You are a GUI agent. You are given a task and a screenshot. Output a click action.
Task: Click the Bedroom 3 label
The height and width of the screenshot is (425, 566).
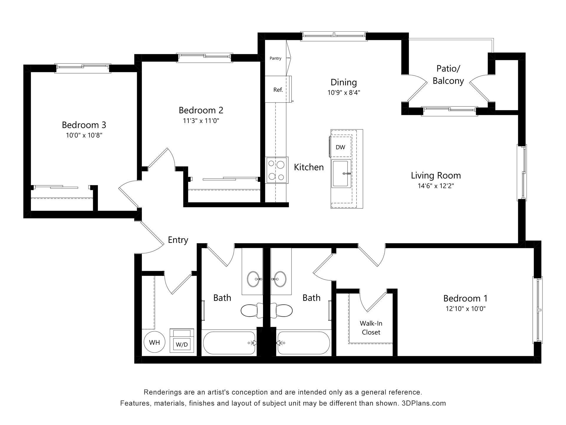[x=84, y=125]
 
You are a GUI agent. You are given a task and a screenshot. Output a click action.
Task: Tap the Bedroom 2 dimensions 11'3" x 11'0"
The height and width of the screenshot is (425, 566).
[x=201, y=121]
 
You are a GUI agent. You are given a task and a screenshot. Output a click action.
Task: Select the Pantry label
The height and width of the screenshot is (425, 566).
[x=275, y=58]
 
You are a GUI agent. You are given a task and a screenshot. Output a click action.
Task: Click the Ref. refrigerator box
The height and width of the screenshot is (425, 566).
[x=278, y=89]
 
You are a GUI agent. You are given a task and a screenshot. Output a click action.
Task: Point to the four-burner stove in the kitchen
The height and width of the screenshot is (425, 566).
[x=276, y=170]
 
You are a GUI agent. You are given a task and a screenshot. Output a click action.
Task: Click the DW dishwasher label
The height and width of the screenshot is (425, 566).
[x=340, y=147]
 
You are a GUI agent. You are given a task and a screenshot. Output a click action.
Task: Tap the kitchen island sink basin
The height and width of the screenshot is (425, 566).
[x=341, y=174]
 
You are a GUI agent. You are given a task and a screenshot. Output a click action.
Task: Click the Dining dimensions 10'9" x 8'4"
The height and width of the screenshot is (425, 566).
[x=344, y=93]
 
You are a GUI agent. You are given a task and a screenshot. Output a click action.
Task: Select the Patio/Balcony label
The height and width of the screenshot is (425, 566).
[x=448, y=75]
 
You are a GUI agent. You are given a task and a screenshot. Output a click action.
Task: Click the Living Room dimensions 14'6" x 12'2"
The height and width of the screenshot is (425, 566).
[x=436, y=186]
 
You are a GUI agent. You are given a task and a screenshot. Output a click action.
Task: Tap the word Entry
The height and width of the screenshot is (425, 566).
[x=178, y=240]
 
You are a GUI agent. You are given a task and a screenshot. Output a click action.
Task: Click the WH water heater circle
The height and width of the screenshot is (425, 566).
[x=154, y=342]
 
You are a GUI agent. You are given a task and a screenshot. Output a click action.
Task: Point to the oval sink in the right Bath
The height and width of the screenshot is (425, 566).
[x=279, y=279]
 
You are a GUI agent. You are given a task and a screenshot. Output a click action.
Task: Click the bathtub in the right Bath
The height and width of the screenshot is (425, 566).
[x=304, y=343]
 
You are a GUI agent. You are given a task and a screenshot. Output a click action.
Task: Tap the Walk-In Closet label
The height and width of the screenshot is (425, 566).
[x=371, y=328]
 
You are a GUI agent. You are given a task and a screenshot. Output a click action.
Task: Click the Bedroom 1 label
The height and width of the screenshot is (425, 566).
[x=465, y=298]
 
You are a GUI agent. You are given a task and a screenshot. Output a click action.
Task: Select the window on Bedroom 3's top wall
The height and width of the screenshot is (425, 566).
[x=83, y=68]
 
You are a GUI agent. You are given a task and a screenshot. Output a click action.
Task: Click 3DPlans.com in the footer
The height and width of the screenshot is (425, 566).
[x=424, y=403]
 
